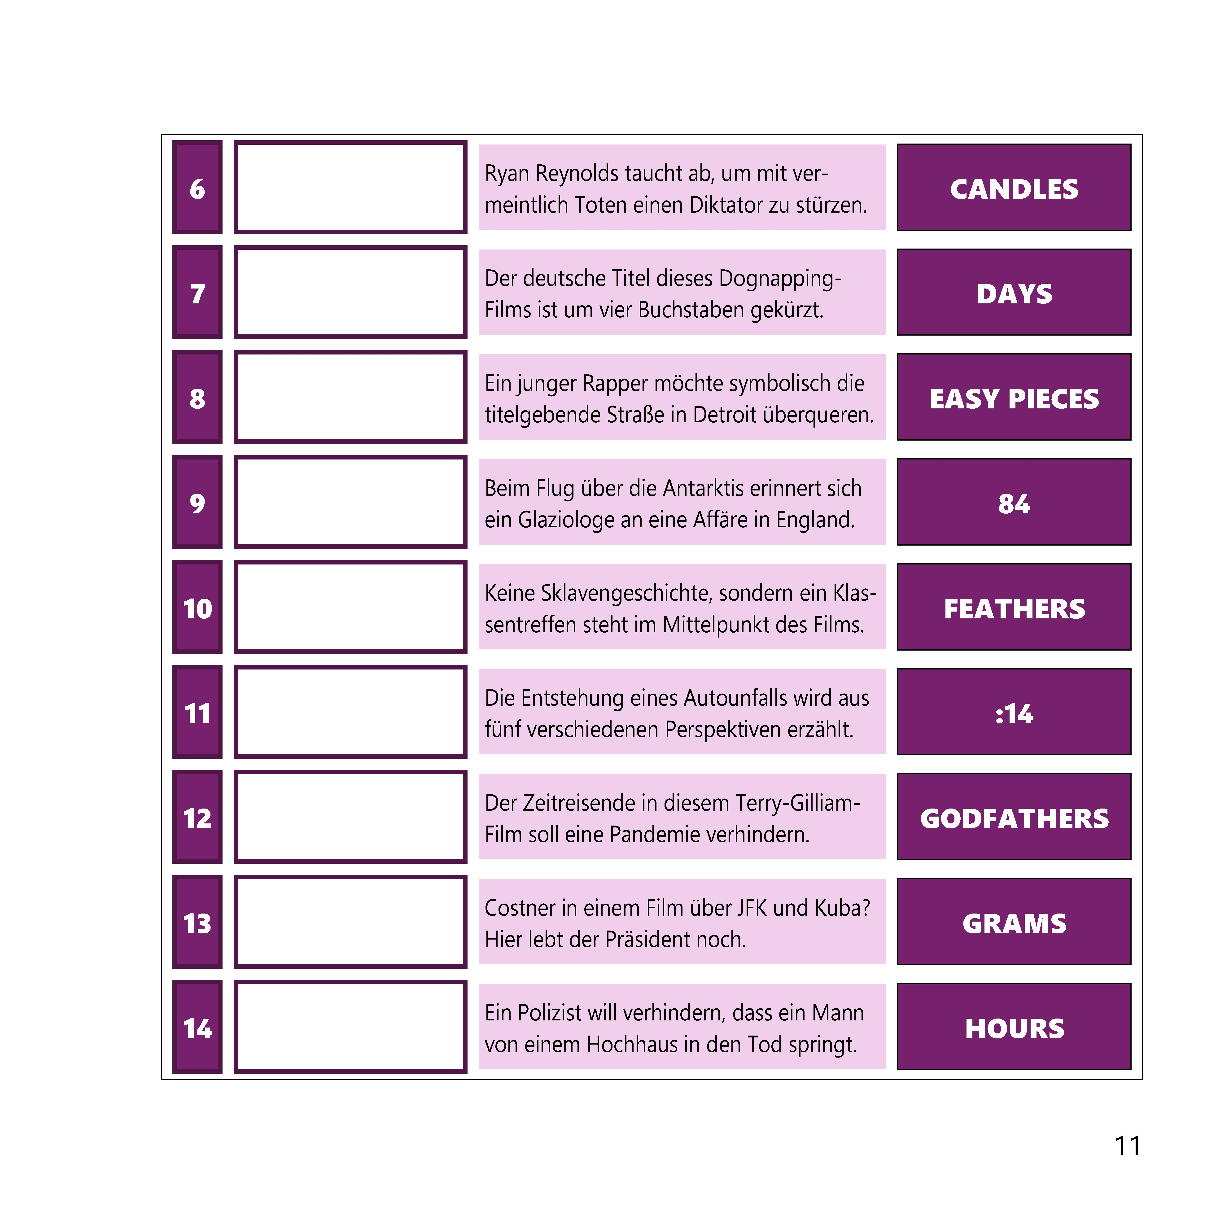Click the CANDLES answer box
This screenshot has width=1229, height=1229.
point(1014,187)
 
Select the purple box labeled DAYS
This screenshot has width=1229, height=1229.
point(1014,292)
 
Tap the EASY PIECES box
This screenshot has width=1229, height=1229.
point(1014,397)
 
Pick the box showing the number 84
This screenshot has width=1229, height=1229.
point(1014,502)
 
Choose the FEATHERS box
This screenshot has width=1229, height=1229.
point(1014,607)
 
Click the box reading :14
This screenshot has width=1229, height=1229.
point(1014,712)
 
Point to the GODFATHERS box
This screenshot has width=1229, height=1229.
point(1014,817)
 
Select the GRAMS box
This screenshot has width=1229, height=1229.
point(1014,922)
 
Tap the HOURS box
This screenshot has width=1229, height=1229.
point(1014,1027)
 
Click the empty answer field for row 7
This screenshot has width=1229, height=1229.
point(350,292)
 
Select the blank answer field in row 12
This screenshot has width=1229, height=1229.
point(350,817)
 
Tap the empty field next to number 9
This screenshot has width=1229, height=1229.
point(350,502)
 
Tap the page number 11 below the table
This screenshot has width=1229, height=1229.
point(1128,1146)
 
